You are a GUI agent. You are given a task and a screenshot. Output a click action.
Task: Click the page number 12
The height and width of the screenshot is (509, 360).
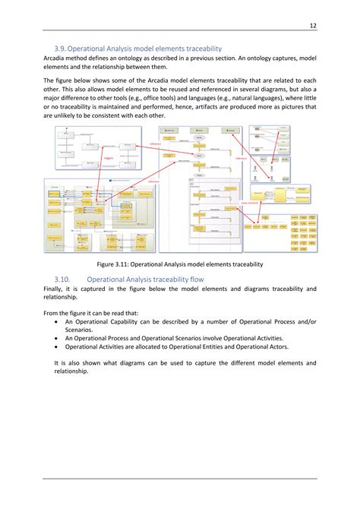click(312, 26)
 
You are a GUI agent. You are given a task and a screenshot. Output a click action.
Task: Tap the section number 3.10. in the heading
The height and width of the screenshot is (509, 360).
click(66, 279)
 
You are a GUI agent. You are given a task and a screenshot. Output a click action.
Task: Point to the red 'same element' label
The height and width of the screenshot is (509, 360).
click(249, 203)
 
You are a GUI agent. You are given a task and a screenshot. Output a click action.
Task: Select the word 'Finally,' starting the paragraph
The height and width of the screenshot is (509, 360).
click(55, 289)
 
